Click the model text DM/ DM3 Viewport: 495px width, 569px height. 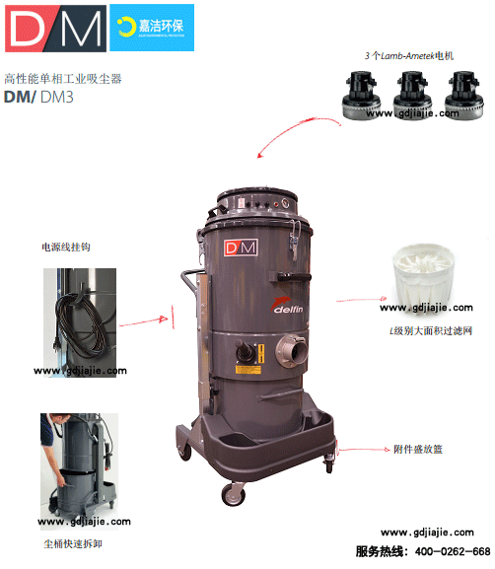(x=40, y=96)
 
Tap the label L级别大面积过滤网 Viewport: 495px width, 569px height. (x=431, y=331)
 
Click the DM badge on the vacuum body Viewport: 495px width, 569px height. (x=246, y=248)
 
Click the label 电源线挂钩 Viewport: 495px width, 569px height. (x=66, y=247)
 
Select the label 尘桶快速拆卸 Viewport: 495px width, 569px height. (x=71, y=542)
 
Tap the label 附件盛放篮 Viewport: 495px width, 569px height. (x=418, y=449)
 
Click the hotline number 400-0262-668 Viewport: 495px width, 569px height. (x=451, y=550)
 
